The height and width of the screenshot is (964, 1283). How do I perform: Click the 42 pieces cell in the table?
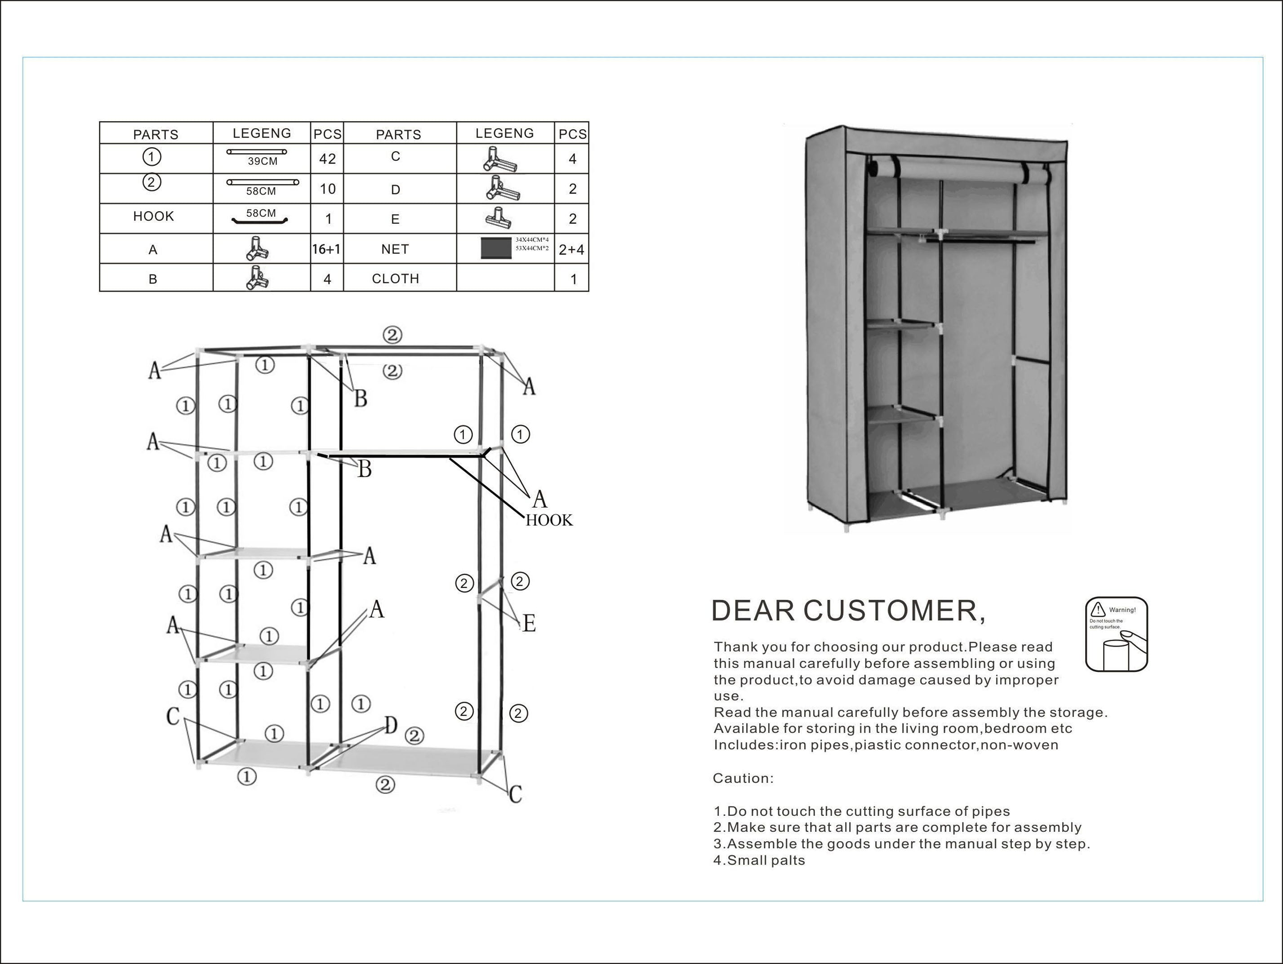pos(327,159)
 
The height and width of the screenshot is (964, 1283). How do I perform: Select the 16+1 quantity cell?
pos(326,249)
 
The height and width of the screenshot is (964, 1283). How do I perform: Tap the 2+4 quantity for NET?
pos(571,250)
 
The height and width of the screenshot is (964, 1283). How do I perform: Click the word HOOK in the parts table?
pos(154,216)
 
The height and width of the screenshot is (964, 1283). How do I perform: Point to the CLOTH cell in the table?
pos(396,279)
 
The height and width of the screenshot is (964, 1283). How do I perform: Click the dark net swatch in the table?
pos(496,248)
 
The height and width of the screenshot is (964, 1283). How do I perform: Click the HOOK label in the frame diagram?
pos(549,521)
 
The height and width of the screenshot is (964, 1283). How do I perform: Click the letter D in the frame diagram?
pos(392,725)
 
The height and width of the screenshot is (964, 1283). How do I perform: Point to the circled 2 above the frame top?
pos(392,335)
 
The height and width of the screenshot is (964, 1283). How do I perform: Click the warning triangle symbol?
pos(1097,609)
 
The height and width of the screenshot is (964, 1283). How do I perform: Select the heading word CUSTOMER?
pos(894,611)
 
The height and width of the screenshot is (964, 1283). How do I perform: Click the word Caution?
pos(743,778)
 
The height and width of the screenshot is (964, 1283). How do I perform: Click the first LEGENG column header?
pos(262,133)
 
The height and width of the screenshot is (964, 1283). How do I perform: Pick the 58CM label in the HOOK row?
pos(261,213)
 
